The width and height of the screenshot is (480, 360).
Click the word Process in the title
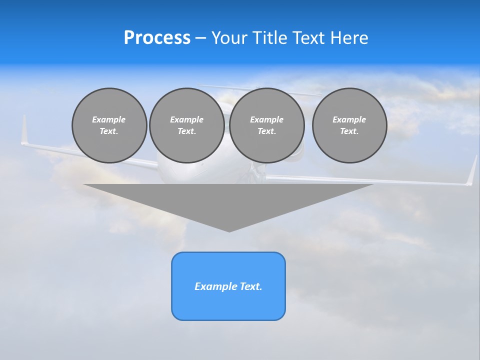[x=157, y=38]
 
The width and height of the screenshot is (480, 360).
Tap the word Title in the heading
[x=270, y=38]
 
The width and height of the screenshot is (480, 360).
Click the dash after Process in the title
[x=200, y=38]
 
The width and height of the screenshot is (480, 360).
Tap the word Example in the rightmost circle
[x=349, y=119]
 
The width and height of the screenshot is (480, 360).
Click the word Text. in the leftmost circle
[x=109, y=131]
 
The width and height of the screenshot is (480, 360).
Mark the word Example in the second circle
[x=186, y=119]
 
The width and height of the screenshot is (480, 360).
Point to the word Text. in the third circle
[x=266, y=131]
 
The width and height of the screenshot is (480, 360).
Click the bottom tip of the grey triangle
[x=229, y=230]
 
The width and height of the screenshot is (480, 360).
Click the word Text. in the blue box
[x=250, y=286]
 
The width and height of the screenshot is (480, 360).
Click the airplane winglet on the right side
[x=472, y=171]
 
